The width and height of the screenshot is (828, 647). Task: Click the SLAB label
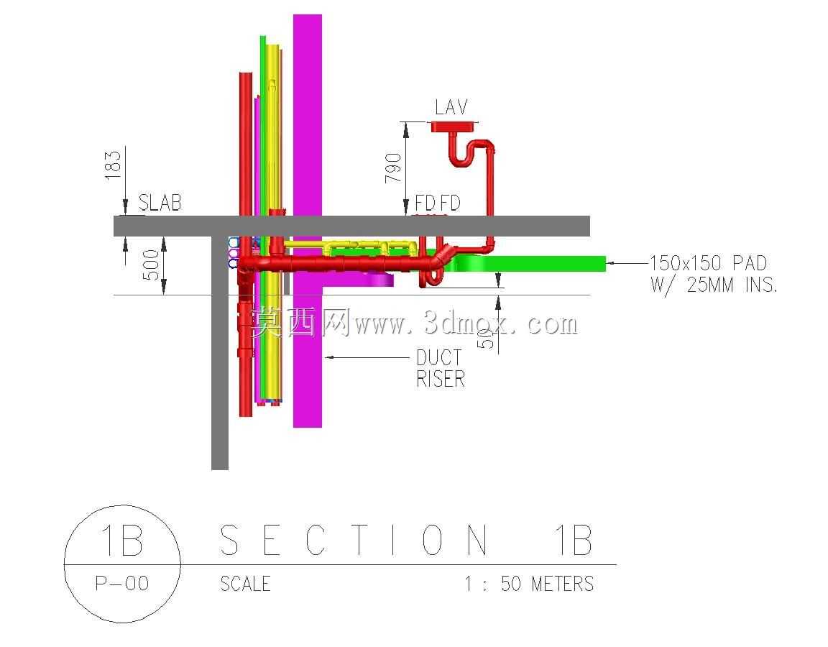click(160, 203)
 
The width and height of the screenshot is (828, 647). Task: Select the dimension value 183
click(113, 165)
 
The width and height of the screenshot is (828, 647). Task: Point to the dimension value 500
click(151, 265)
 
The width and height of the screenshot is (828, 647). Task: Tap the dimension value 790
click(393, 168)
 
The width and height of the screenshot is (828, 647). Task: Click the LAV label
click(451, 107)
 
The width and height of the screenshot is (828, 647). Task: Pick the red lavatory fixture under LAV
click(455, 127)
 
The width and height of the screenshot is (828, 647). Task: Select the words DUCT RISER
click(441, 368)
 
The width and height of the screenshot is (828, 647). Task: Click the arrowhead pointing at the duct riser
click(329, 357)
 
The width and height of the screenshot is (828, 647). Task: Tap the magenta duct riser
click(308, 221)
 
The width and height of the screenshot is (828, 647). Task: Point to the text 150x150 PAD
click(708, 262)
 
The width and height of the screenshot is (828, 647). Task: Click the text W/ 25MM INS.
click(714, 285)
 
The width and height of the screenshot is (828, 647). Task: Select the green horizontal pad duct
click(526, 264)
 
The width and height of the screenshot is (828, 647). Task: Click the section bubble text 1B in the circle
click(122, 540)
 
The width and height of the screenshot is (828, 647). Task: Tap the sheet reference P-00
click(122, 584)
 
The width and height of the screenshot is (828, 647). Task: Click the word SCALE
click(246, 584)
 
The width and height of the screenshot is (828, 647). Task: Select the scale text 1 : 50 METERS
click(529, 584)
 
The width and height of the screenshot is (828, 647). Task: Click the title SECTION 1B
click(405, 540)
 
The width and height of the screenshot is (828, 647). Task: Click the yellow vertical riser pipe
click(272, 222)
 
